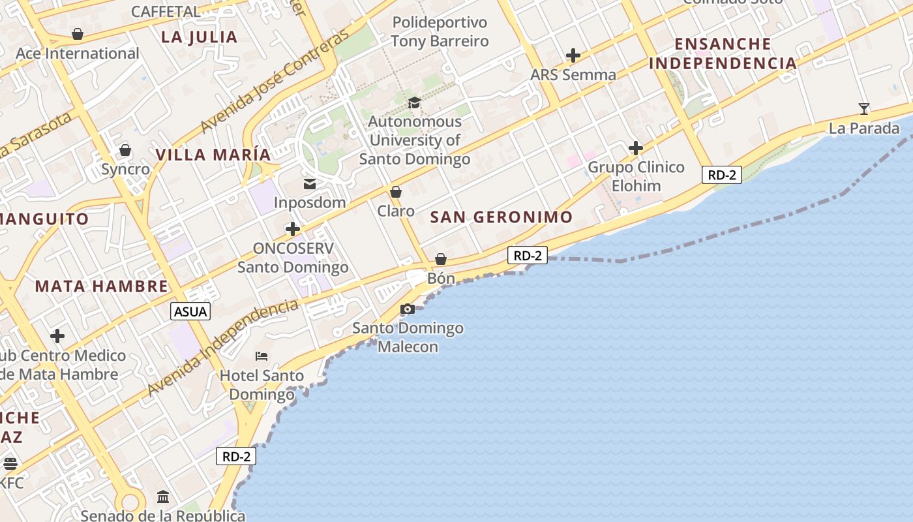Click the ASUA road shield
tap(190, 312)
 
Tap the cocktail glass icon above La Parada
tap(864, 108)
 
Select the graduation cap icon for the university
tap(414, 102)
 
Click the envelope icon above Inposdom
tap(310, 184)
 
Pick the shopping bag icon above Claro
tap(396, 192)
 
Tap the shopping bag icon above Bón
tap(441, 259)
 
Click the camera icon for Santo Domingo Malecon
tap(408, 309)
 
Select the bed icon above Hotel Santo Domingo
tap(262, 356)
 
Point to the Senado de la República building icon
tap(163, 497)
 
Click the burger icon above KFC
tap(10, 464)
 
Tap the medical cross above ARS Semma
tap(573, 55)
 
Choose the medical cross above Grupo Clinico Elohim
tap(636, 148)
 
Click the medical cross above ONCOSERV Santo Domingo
tap(293, 229)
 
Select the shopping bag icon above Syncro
tap(125, 151)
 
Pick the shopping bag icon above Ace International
tap(78, 34)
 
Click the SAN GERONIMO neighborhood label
tap(501, 217)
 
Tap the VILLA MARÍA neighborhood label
tap(213, 155)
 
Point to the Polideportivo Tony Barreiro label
tap(440, 32)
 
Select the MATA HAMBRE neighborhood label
tap(102, 286)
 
